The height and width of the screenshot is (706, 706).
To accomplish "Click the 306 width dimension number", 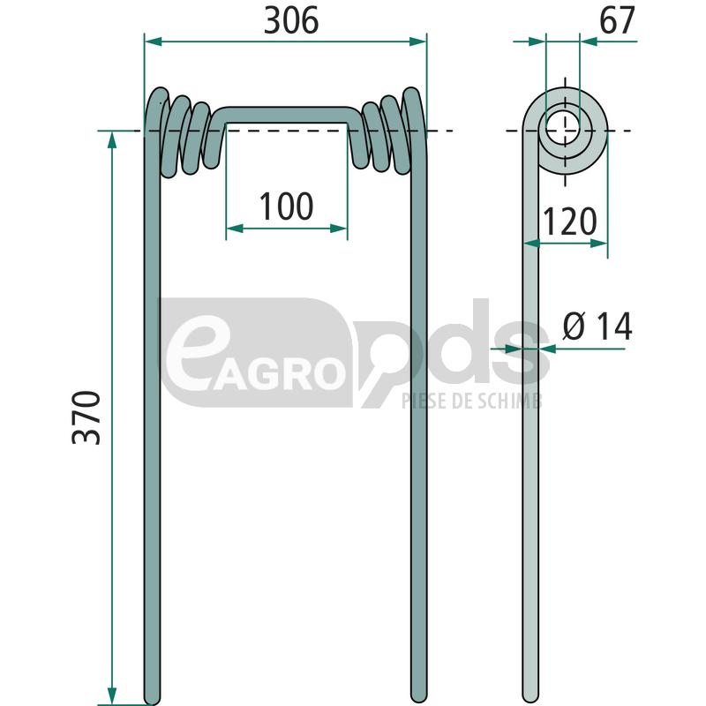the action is tap(291, 21).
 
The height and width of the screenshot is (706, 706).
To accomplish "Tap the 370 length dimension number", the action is tap(86, 417).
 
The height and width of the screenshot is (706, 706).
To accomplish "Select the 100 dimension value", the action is tap(286, 207).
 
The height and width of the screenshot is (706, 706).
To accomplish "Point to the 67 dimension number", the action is tap(617, 20).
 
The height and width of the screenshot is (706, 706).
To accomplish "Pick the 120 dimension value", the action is tap(570, 222).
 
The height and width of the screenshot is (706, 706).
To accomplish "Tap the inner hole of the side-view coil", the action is tap(563, 130).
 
